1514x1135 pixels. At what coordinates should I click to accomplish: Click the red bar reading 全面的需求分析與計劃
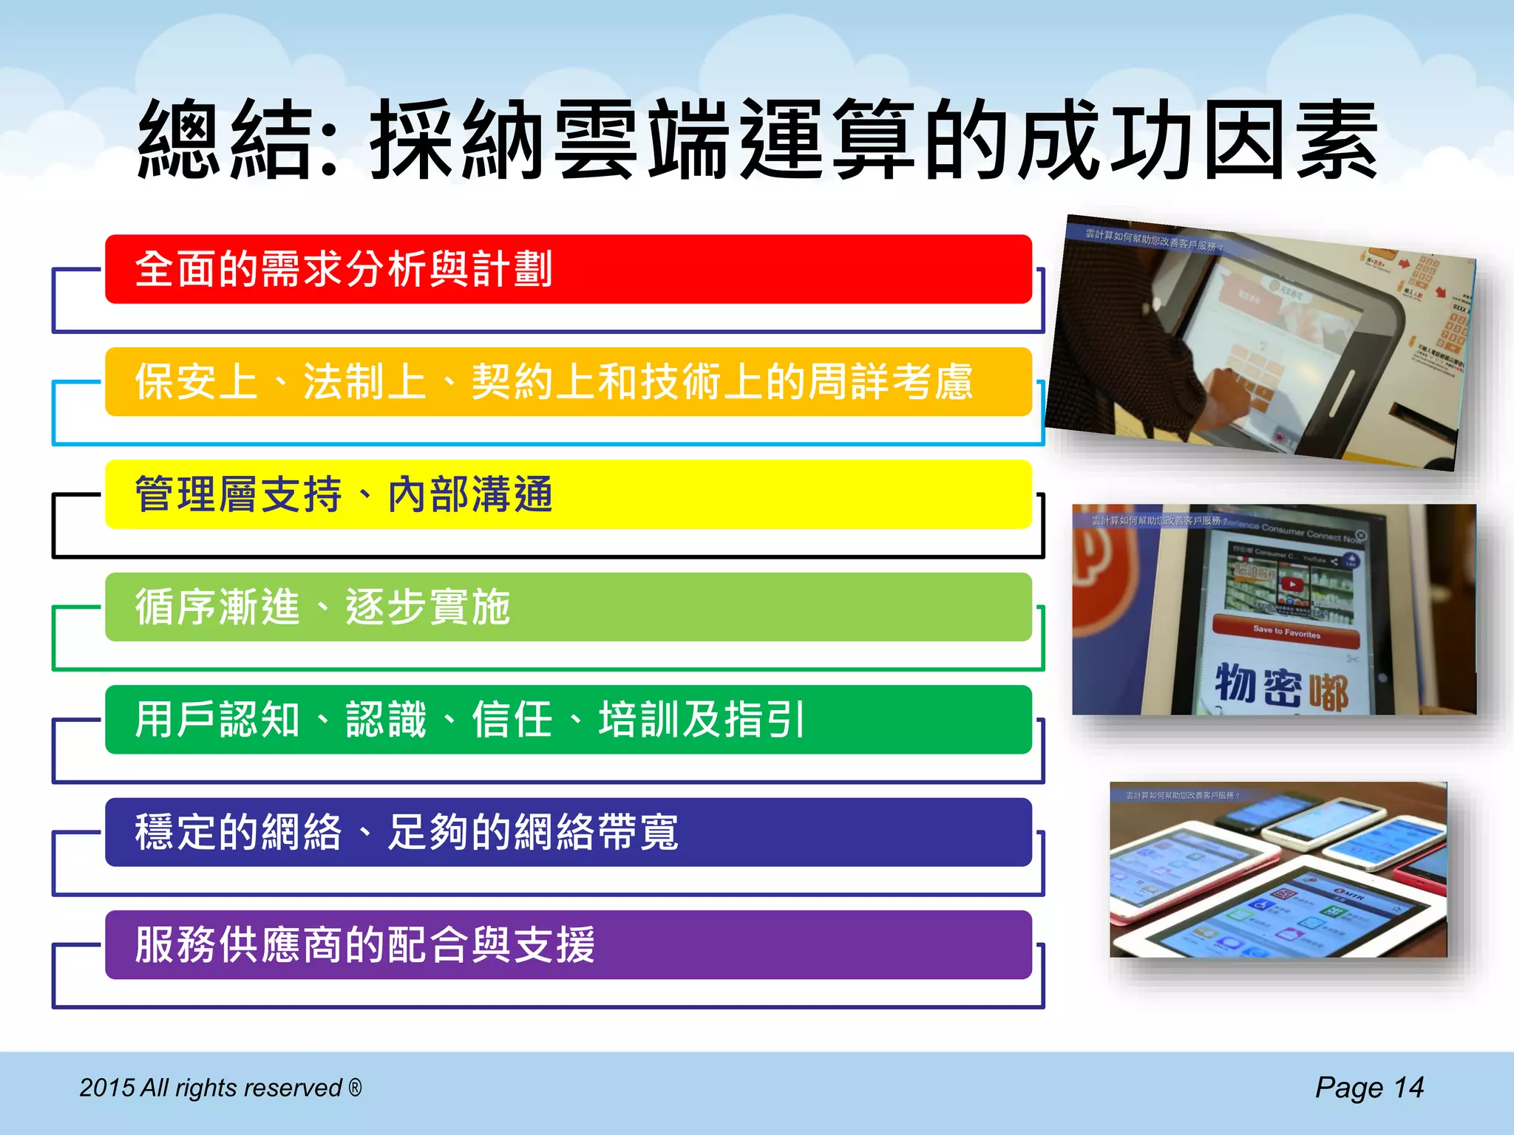568,269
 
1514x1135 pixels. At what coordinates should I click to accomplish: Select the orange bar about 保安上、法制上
568,381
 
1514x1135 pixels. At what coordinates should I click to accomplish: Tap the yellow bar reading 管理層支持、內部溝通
568,494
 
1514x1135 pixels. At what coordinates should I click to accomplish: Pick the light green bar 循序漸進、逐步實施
568,607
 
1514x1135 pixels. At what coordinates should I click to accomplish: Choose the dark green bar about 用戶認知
568,720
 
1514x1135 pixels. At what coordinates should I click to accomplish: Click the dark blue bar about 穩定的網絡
568,832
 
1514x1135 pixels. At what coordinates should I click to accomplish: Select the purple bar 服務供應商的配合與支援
568,945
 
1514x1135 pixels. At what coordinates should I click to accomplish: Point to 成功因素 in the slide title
1198,140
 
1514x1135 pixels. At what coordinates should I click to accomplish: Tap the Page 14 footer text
1369,1088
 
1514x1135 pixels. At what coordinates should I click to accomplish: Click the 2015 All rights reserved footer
211,1088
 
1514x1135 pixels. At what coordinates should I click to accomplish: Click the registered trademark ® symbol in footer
356,1087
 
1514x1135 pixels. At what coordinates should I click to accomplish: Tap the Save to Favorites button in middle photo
1286,633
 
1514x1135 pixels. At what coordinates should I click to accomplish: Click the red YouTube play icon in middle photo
1291,584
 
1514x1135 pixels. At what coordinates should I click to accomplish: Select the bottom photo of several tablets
1278,870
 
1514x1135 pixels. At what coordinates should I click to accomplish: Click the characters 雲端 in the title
643,140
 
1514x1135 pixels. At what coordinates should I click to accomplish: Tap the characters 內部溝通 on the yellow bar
470,494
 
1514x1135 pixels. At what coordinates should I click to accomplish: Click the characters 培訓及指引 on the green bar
702,720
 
